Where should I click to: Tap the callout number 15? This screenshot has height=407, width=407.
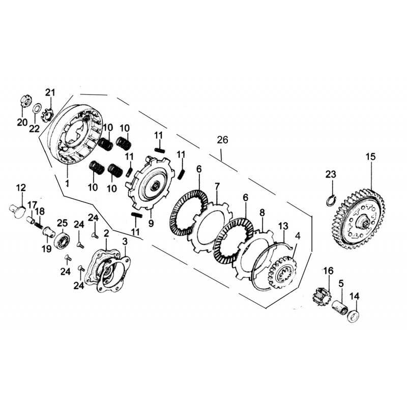point(370,157)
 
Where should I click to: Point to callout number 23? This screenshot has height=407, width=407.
point(331,175)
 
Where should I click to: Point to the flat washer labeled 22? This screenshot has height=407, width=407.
point(37,109)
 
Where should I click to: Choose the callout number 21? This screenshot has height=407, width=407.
point(49,92)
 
